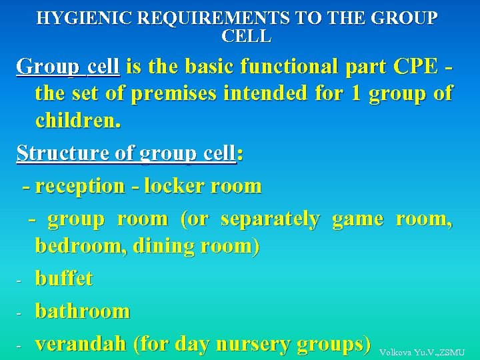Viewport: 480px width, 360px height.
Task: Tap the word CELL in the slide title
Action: (x=246, y=36)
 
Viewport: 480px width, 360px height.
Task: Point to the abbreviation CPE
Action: (x=416, y=67)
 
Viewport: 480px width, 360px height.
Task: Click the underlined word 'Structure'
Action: (x=63, y=153)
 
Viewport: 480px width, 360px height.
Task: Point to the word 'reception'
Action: (x=79, y=186)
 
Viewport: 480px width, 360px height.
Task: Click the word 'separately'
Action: (x=269, y=219)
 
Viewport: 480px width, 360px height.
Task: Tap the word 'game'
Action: (x=357, y=219)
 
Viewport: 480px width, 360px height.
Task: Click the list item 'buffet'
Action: (x=63, y=278)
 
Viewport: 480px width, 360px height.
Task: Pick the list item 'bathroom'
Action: (x=82, y=311)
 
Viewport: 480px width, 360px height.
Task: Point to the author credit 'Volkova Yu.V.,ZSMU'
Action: (x=421, y=352)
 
